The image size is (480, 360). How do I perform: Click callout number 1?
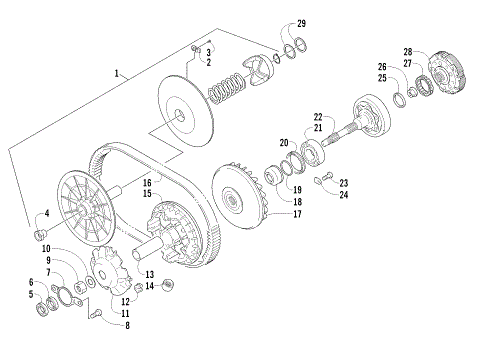point(118,73)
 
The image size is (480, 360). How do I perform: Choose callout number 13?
point(150,274)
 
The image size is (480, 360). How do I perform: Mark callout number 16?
point(146,183)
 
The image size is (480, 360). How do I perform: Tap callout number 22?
point(317,117)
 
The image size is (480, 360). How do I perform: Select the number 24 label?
point(344,194)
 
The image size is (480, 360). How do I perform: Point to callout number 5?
point(31,294)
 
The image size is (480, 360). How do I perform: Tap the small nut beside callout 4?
point(41,234)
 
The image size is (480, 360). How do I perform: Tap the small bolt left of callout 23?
point(320,181)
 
